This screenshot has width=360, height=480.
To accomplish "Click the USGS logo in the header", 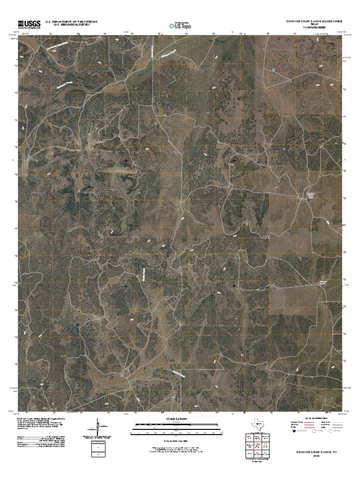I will coord(30,23).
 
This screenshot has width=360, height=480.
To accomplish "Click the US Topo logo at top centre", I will coord(180,24).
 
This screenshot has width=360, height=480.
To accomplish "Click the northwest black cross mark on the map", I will coord(126,161).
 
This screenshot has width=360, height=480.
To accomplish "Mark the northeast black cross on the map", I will coord(234,161).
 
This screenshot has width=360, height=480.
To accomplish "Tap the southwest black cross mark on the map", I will coord(126,285).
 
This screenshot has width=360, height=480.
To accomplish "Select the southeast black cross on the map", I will coord(234,285).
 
